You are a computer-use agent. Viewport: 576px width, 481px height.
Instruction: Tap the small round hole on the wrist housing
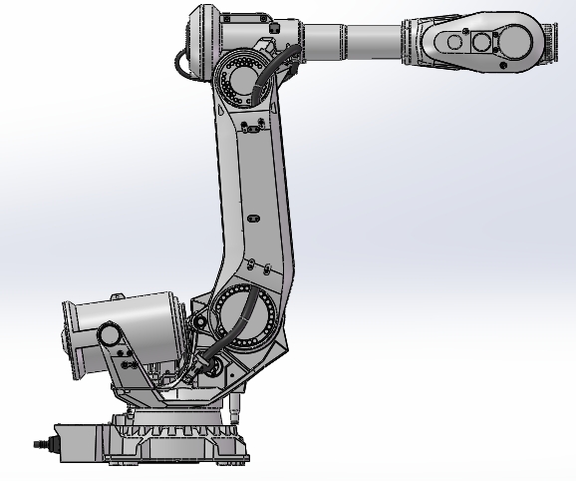453,42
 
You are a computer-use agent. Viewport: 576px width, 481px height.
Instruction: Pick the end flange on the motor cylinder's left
71,325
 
